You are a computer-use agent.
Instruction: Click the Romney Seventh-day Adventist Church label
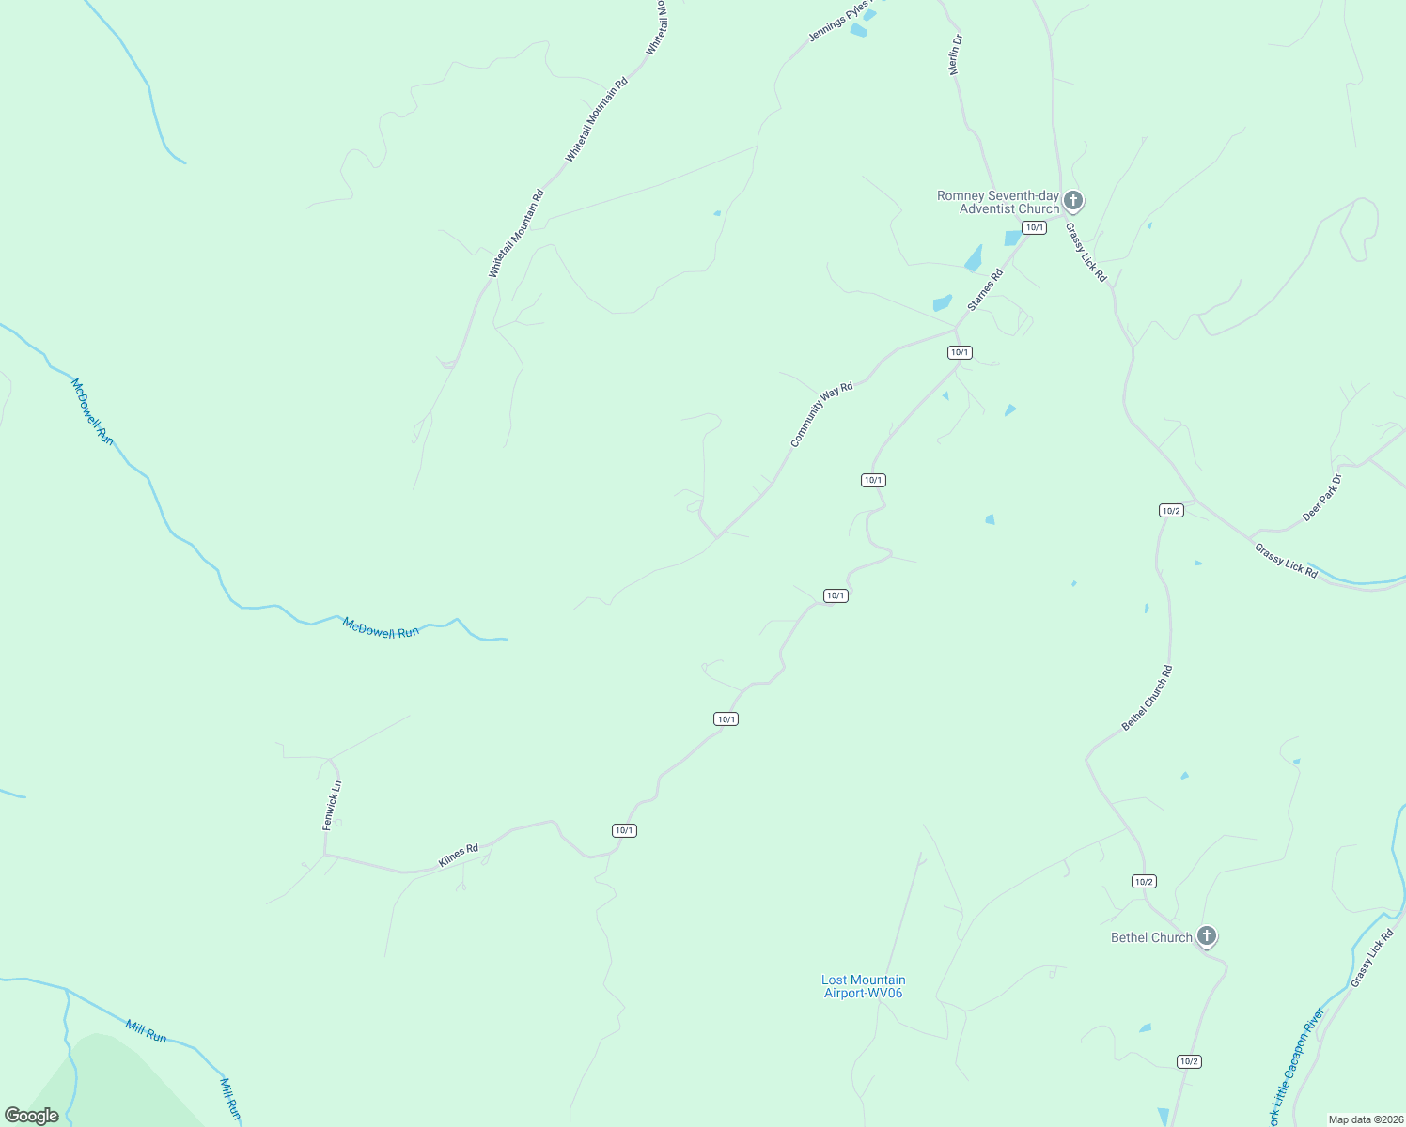pos(997,202)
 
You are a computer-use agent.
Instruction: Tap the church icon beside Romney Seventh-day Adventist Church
pos(1073,201)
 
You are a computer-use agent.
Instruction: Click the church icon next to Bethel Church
pos(1207,936)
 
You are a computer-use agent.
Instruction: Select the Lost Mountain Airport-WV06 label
pos(863,986)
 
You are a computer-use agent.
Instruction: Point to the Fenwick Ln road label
pos(331,805)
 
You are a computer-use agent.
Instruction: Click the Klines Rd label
pos(459,856)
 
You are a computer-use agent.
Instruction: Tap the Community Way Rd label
pos(821,414)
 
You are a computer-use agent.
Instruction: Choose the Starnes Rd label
pos(986,289)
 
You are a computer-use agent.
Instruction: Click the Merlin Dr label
pos(956,54)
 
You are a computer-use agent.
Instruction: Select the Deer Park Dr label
pos(1322,498)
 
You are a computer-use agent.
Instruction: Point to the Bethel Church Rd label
pos(1148,698)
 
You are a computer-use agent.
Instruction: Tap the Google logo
pos(32,1116)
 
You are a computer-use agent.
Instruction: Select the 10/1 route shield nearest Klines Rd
pos(624,830)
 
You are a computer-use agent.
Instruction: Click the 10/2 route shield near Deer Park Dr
pos(1171,511)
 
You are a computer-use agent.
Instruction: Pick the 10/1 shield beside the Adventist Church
pos(1034,227)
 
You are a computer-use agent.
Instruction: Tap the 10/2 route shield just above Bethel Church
pos(1144,881)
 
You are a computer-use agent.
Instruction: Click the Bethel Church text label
pos(1151,937)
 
